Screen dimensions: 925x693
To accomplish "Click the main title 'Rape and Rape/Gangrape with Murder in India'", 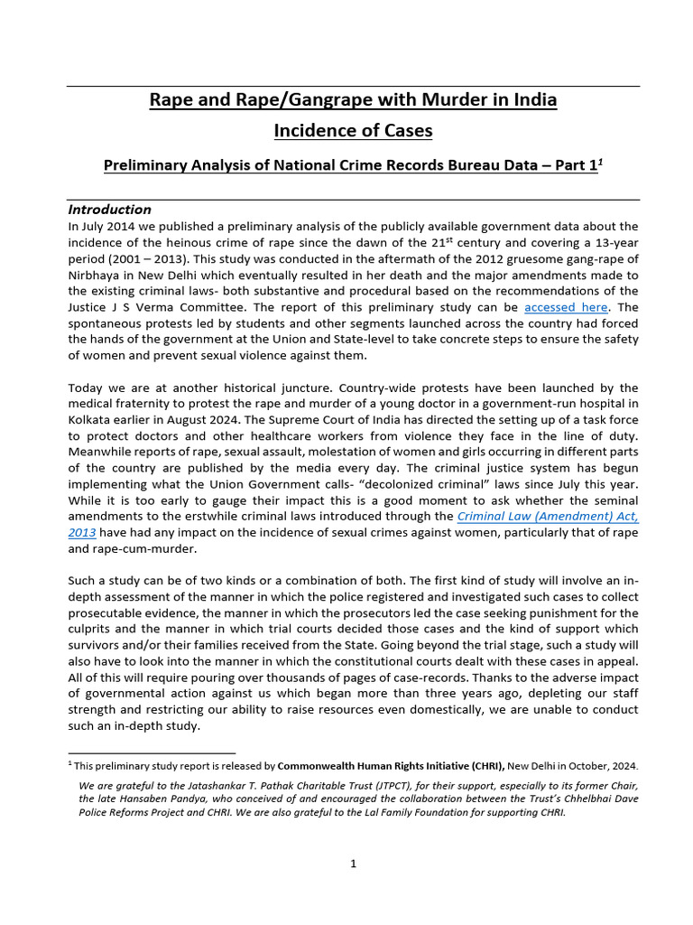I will click(x=353, y=99).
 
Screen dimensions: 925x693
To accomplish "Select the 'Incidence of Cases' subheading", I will click(x=353, y=131).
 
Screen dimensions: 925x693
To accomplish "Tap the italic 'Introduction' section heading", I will click(x=110, y=210).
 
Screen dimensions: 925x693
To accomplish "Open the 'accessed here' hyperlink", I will click(x=566, y=307).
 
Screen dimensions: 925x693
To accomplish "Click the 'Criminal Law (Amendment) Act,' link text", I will click(x=548, y=516).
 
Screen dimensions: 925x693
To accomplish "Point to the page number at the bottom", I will click(x=354, y=864).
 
